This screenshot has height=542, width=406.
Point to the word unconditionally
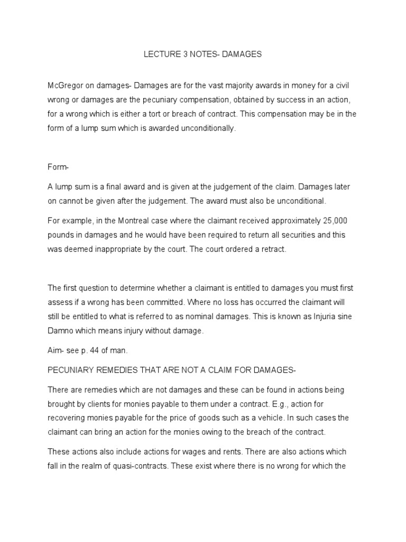point(205,128)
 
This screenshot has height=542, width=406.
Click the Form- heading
point(58,167)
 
